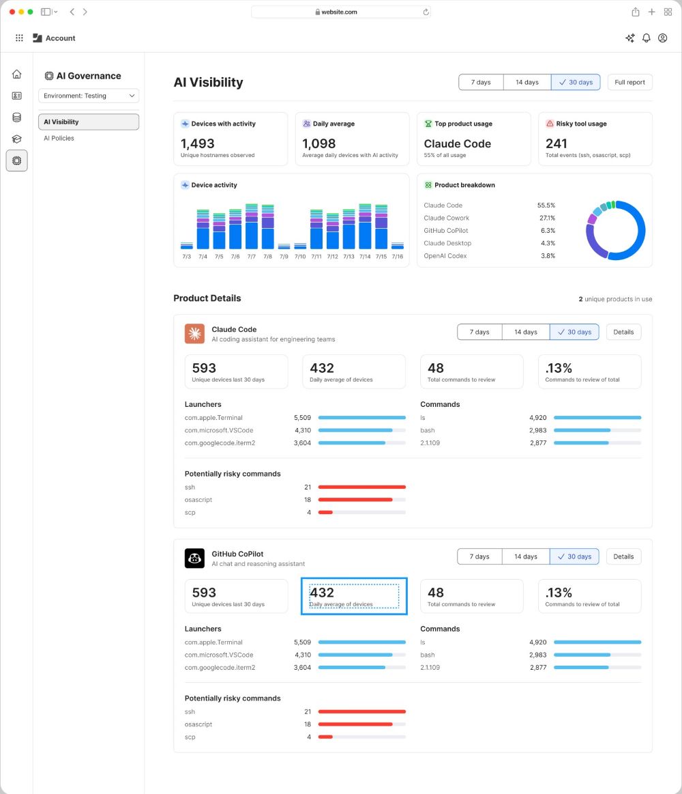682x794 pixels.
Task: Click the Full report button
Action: coord(629,82)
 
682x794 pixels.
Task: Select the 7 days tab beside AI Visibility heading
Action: coord(481,82)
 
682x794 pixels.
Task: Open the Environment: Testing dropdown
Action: coord(89,96)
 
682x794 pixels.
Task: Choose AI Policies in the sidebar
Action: coord(59,138)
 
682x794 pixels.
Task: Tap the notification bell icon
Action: coord(646,38)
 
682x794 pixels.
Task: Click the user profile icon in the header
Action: coord(662,38)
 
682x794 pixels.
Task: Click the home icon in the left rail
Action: coord(16,74)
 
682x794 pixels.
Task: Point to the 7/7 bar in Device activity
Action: coord(252,227)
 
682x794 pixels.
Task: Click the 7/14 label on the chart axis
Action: coord(365,257)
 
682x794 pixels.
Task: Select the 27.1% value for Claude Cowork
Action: coord(547,218)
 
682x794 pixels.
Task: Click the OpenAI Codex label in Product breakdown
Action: coord(445,256)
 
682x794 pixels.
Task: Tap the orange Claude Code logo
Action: coord(195,334)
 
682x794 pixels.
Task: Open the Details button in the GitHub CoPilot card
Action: coord(623,556)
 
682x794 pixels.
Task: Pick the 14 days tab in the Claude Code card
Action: coord(526,332)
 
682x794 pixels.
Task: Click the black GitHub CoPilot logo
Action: coord(195,558)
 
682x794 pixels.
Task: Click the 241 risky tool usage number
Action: coord(556,144)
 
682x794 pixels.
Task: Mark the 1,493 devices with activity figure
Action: coord(197,144)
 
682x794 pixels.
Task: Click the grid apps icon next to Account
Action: coord(19,38)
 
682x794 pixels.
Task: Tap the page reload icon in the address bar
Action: coord(426,12)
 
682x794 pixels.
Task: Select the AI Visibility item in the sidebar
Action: coord(89,122)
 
